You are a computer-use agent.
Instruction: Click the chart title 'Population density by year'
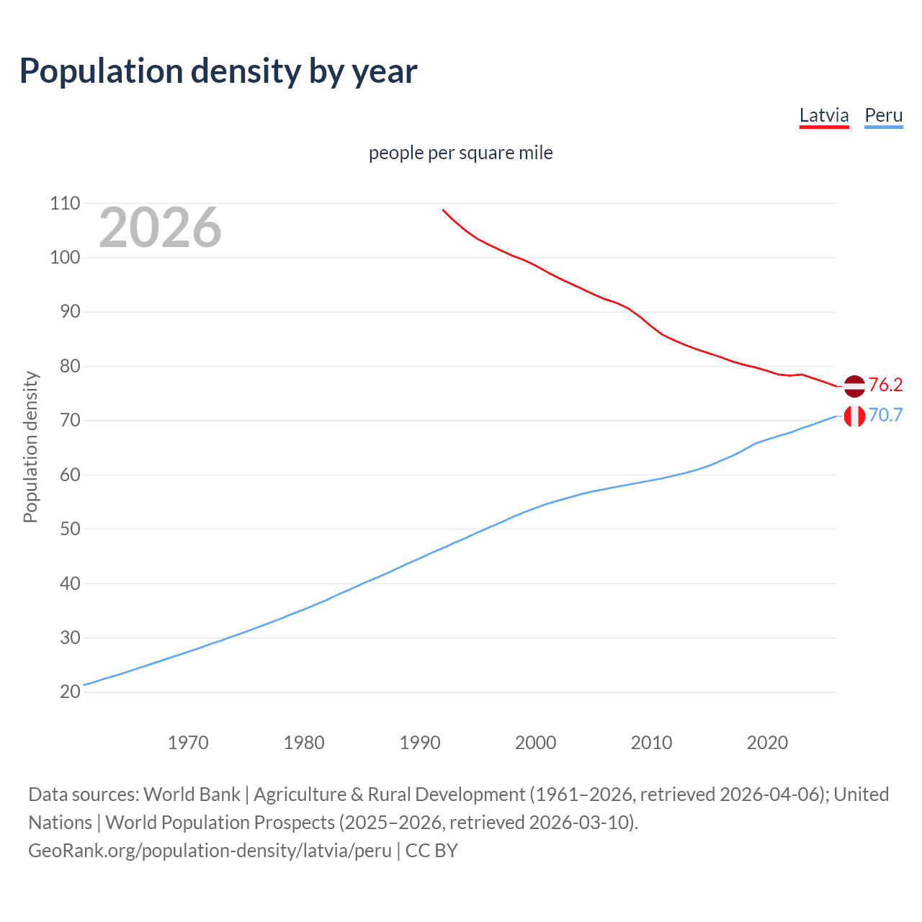pyautogui.click(x=218, y=71)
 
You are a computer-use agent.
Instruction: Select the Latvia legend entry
pyautogui.click(x=824, y=115)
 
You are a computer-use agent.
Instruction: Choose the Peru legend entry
pyautogui.click(x=883, y=115)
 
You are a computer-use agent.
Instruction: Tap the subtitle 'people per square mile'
pyautogui.click(x=460, y=153)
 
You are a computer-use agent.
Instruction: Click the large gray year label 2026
pyautogui.click(x=160, y=228)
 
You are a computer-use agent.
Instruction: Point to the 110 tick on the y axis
pyautogui.click(x=65, y=203)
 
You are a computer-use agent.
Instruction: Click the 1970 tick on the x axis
pyautogui.click(x=188, y=742)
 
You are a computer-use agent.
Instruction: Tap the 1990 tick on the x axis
pyautogui.click(x=420, y=742)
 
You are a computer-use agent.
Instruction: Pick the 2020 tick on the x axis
pyautogui.click(x=767, y=742)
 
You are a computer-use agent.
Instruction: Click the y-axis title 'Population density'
pyautogui.click(x=30, y=447)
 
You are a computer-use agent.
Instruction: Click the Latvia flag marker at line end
pyautogui.click(x=854, y=386)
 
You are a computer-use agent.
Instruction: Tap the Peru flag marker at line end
pyautogui.click(x=854, y=416)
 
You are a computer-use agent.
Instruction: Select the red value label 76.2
pyautogui.click(x=885, y=385)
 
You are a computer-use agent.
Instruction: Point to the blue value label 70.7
pyautogui.click(x=885, y=415)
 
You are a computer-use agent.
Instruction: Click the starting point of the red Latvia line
pyautogui.click(x=443, y=210)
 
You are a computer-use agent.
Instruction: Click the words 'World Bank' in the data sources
pyautogui.click(x=192, y=794)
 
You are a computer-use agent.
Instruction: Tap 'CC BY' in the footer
pyautogui.click(x=431, y=850)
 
